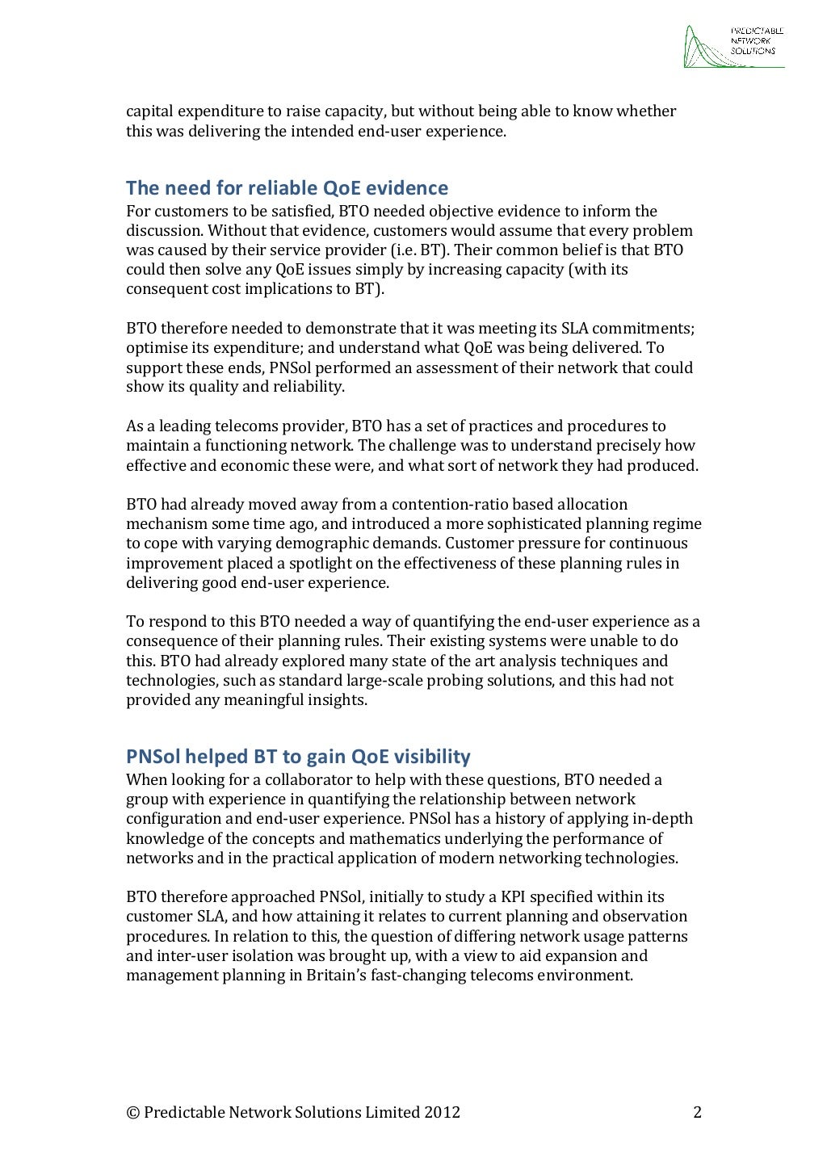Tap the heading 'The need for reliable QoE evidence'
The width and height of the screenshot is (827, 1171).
(x=287, y=189)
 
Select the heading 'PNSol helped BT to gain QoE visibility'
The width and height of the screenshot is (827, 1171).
(x=298, y=757)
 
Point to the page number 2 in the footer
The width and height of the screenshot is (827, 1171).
(x=697, y=1113)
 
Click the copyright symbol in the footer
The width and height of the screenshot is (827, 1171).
(x=132, y=1113)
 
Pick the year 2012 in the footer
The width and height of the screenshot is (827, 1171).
(x=443, y=1113)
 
